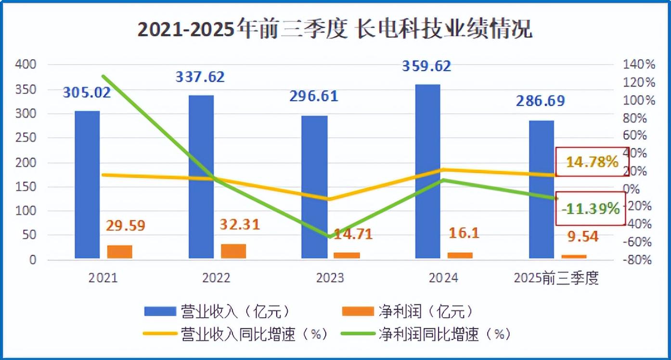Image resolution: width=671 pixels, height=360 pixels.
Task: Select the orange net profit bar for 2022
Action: [x=233, y=251]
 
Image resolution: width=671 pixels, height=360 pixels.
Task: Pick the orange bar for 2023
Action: [x=347, y=255]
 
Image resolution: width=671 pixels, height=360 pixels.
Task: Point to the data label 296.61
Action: [x=314, y=96]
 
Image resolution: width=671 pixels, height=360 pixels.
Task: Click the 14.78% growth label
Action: [x=592, y=162]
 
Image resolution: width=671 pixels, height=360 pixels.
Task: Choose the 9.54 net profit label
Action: [x=583, y=236]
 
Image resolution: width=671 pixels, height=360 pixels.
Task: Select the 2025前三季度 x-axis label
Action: [x=556, y=278]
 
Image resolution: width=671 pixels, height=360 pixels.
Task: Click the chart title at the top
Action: [x=335, y=30]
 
